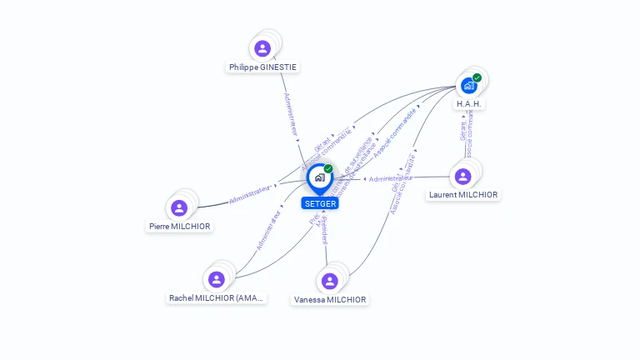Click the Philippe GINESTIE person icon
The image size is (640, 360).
point(262,48)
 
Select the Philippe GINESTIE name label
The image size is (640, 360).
point(262,67)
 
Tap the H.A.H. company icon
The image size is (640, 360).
point(468,85)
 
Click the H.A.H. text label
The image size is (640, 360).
point(469,104)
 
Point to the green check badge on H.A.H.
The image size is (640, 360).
point(477,77)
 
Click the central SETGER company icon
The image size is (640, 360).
point(319,177)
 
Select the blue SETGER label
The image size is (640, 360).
point(320,203)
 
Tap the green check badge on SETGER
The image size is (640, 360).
point(328,168)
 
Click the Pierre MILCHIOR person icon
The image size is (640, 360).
point(178,207)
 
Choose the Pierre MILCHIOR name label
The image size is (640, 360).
point(180,226)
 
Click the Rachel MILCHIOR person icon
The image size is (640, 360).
point(217,279)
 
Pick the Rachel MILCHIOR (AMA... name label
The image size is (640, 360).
point(217,297)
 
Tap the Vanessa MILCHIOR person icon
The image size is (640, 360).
point(329,281)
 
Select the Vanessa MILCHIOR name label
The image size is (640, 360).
point(330,299)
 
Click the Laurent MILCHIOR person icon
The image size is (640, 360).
point(462,176)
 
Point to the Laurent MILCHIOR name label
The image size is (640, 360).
point(463,195)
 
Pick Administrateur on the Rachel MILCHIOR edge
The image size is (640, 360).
point(269,230)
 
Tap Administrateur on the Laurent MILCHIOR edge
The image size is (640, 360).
point(391,178)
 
